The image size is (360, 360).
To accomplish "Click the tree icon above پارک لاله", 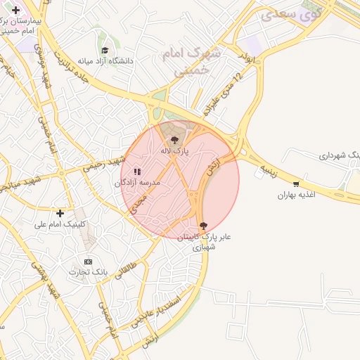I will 174,139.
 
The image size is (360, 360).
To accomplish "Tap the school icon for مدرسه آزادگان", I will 138,171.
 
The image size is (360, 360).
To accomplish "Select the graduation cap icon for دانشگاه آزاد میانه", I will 105,50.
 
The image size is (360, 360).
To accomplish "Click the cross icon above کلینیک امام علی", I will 60,213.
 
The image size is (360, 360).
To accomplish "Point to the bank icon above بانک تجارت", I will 88,261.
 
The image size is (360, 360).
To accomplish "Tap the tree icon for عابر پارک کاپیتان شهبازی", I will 203,226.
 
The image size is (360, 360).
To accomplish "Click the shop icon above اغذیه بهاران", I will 295,184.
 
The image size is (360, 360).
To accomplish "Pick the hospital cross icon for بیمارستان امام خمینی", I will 16,10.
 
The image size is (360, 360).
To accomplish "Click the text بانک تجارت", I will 89,271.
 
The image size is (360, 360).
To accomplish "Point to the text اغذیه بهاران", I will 293,194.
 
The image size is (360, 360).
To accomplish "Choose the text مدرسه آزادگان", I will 138,182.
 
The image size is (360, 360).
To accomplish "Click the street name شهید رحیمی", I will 103,165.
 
